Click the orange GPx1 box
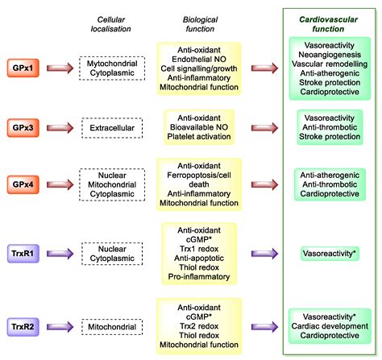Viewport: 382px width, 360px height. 23,68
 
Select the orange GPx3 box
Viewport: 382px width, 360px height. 23,128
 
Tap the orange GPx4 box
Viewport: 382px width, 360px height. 23,184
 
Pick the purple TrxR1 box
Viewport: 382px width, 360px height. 23,254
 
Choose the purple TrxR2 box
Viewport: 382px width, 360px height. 23,327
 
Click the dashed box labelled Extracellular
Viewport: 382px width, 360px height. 112,128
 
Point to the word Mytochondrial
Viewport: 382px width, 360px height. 112,64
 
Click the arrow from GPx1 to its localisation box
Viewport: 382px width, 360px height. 60,68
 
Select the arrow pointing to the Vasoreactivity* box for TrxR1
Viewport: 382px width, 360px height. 264,254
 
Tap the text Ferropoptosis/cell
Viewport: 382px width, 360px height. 199,176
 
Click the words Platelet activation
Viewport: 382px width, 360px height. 199,137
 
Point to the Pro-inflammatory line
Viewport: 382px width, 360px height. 199,277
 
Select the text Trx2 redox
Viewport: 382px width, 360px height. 199,326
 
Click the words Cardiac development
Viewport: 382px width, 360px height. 330,326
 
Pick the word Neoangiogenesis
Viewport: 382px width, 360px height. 330,55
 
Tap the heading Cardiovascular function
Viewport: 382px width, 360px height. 328,24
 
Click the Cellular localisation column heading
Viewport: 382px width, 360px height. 110,24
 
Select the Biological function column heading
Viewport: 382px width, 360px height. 200,24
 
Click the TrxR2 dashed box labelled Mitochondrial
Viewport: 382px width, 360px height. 112,327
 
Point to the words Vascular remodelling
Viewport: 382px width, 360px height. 330,64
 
